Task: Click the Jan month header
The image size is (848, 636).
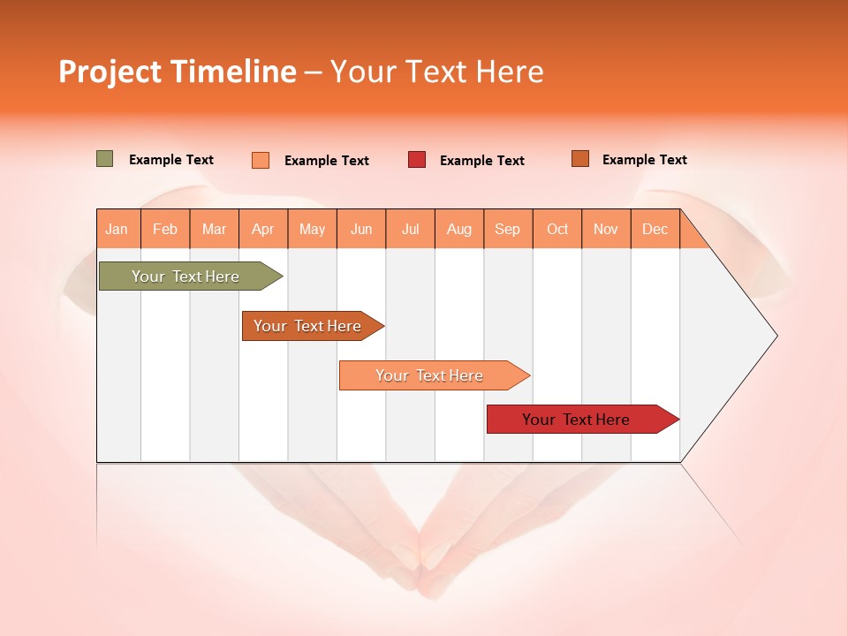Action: [x=117, y=229]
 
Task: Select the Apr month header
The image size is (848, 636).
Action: [x=262, y=229]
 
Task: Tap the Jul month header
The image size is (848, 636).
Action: [x=410, y=229]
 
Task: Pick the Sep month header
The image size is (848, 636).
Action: [x=507, y=229]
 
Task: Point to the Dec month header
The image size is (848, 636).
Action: [x=655, y=229]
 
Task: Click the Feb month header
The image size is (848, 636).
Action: [x=165, y=229]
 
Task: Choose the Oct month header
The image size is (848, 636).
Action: [x=557, y=229]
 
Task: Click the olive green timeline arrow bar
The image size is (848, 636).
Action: [x=185, y=276]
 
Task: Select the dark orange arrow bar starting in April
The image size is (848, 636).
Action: [x=307, y=326]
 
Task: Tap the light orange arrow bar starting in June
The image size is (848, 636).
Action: [x=429, y=375]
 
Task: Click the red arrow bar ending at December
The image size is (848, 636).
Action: [x=576, y=420]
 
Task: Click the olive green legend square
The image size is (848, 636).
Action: [x=105, y=159]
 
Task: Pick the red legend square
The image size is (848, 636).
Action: [x=417, y=160]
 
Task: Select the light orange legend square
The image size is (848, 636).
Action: [x=261, y=160]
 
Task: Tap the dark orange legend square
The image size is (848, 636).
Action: [x=579, y=159]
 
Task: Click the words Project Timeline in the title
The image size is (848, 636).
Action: [x=178, y=72]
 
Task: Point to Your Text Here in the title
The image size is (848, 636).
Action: [x=436, y=72]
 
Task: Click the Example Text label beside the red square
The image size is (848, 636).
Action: [x=482, y=161]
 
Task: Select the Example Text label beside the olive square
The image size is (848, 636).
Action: [x=171, y=160]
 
